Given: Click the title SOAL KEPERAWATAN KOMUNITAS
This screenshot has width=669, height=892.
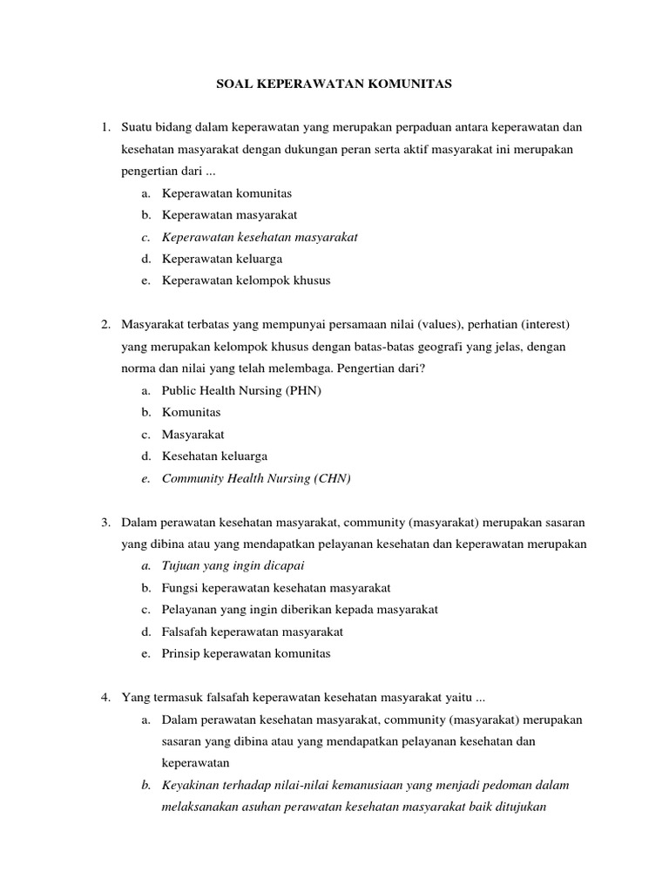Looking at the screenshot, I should click(334, 85).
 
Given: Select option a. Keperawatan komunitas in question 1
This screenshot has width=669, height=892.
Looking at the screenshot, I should click(226, 193).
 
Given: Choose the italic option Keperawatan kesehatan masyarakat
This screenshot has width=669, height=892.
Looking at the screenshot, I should click(260, 236).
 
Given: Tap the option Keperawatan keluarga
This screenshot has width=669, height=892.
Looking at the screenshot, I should click(221, 259).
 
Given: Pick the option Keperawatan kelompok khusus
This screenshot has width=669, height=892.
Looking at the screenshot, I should click(246, 280).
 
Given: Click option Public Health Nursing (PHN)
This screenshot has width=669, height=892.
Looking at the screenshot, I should click(241, 390).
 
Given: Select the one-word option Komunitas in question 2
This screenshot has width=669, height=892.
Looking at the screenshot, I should click(191, 412).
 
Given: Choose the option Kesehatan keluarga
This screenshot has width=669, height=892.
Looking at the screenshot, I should click(214, 456).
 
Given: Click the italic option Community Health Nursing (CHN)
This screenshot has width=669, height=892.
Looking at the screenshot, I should click(256, 478).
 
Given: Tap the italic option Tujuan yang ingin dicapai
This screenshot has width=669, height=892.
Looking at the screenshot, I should click(224, 565).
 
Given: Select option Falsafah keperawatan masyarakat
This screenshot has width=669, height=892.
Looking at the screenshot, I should click(253, 632).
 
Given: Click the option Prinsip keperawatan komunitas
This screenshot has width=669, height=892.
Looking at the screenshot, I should click(246, 653).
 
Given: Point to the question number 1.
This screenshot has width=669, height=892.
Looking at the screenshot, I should click(105, 127).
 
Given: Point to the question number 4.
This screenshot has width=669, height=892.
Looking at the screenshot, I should click(105, 697).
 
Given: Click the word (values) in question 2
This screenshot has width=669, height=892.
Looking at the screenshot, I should click(436, 325).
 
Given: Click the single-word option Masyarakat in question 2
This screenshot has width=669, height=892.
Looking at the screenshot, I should click(193, 434).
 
